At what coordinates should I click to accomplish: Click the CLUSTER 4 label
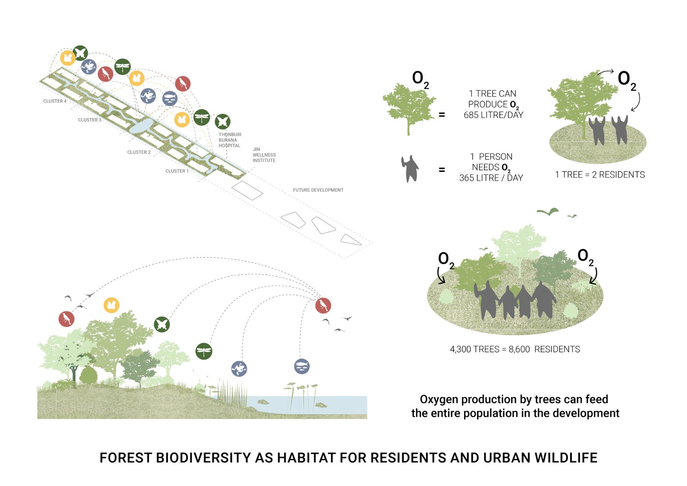55,101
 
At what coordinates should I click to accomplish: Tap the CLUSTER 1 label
177,171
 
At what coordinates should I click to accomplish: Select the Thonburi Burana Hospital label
230,140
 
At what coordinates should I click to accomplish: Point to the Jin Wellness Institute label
264,155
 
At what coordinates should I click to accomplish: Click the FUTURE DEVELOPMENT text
318,190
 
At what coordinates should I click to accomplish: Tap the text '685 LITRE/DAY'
493,115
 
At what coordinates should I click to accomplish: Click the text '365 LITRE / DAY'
491,178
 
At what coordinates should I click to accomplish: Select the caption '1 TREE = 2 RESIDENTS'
599,175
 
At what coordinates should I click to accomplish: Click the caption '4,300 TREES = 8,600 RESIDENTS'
514,349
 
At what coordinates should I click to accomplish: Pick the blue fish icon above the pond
302,366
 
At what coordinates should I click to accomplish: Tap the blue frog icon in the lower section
239,368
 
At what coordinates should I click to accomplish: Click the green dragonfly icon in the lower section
204,351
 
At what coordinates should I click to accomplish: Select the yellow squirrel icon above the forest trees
111,305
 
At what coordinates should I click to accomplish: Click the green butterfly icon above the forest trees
162,324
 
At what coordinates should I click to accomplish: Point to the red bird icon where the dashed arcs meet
323,306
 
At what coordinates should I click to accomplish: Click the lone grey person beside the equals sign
410,169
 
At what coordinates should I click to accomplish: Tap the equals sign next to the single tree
441,115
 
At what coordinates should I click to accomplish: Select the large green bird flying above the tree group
548,211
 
